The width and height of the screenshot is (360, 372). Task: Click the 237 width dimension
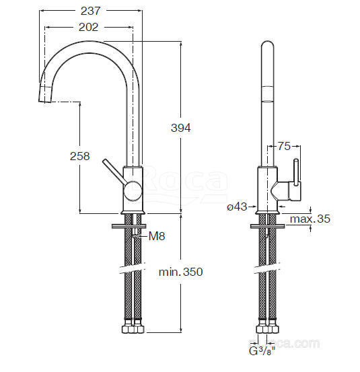90,11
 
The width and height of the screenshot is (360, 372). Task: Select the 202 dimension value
88,27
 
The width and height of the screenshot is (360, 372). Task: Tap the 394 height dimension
181,128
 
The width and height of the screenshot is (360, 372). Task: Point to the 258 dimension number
79,156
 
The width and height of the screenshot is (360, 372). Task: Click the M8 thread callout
157,236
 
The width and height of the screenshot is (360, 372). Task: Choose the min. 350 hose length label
181,272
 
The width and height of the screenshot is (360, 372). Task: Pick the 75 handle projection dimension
284,146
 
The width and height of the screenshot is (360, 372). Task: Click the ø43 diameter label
237,207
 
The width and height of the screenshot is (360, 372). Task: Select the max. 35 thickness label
310,219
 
